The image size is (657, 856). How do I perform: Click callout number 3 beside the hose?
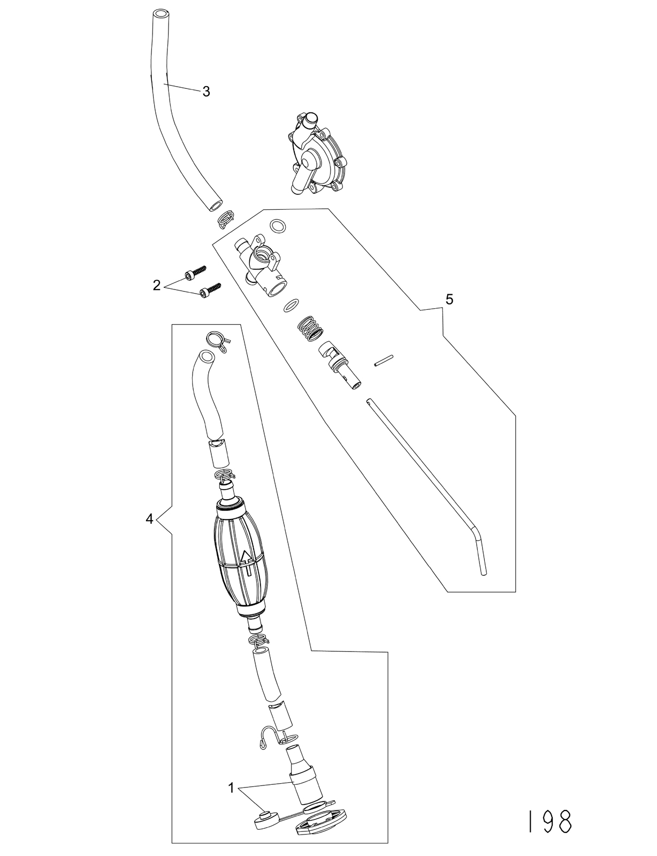(206, 92)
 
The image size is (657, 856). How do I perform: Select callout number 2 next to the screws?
(157, 285)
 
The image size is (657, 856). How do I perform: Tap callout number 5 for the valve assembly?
(449, 300)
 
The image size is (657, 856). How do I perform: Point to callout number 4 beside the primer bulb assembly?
(149, 519)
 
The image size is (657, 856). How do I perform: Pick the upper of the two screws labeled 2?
(195, 271)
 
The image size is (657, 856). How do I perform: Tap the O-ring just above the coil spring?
(291, 305)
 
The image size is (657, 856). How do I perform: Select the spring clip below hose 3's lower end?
(226, 218)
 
